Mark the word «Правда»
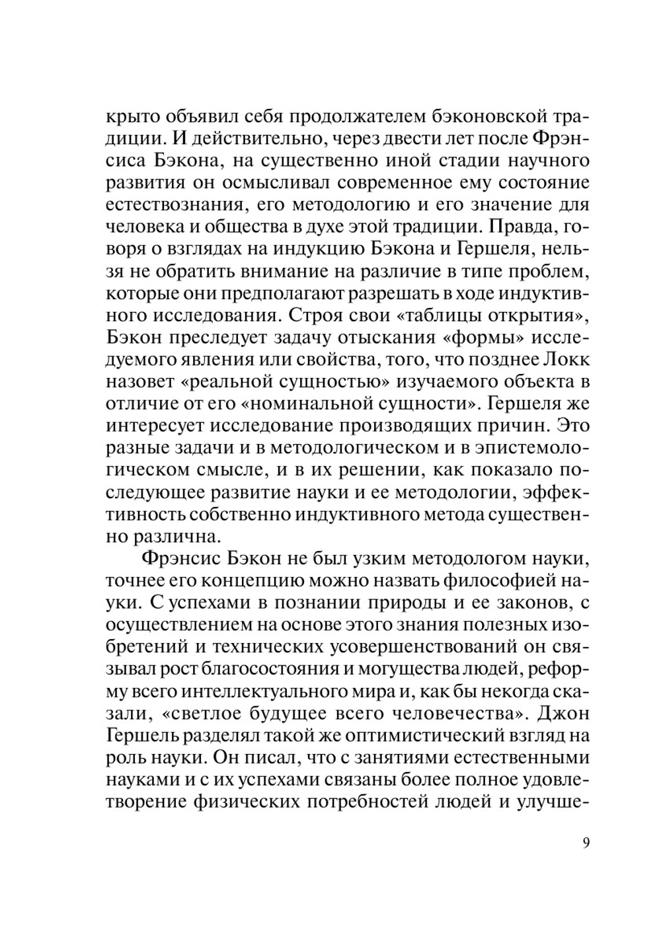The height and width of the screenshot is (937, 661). [x=525, y=227]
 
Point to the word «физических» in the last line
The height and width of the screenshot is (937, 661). [x=245, y=801]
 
